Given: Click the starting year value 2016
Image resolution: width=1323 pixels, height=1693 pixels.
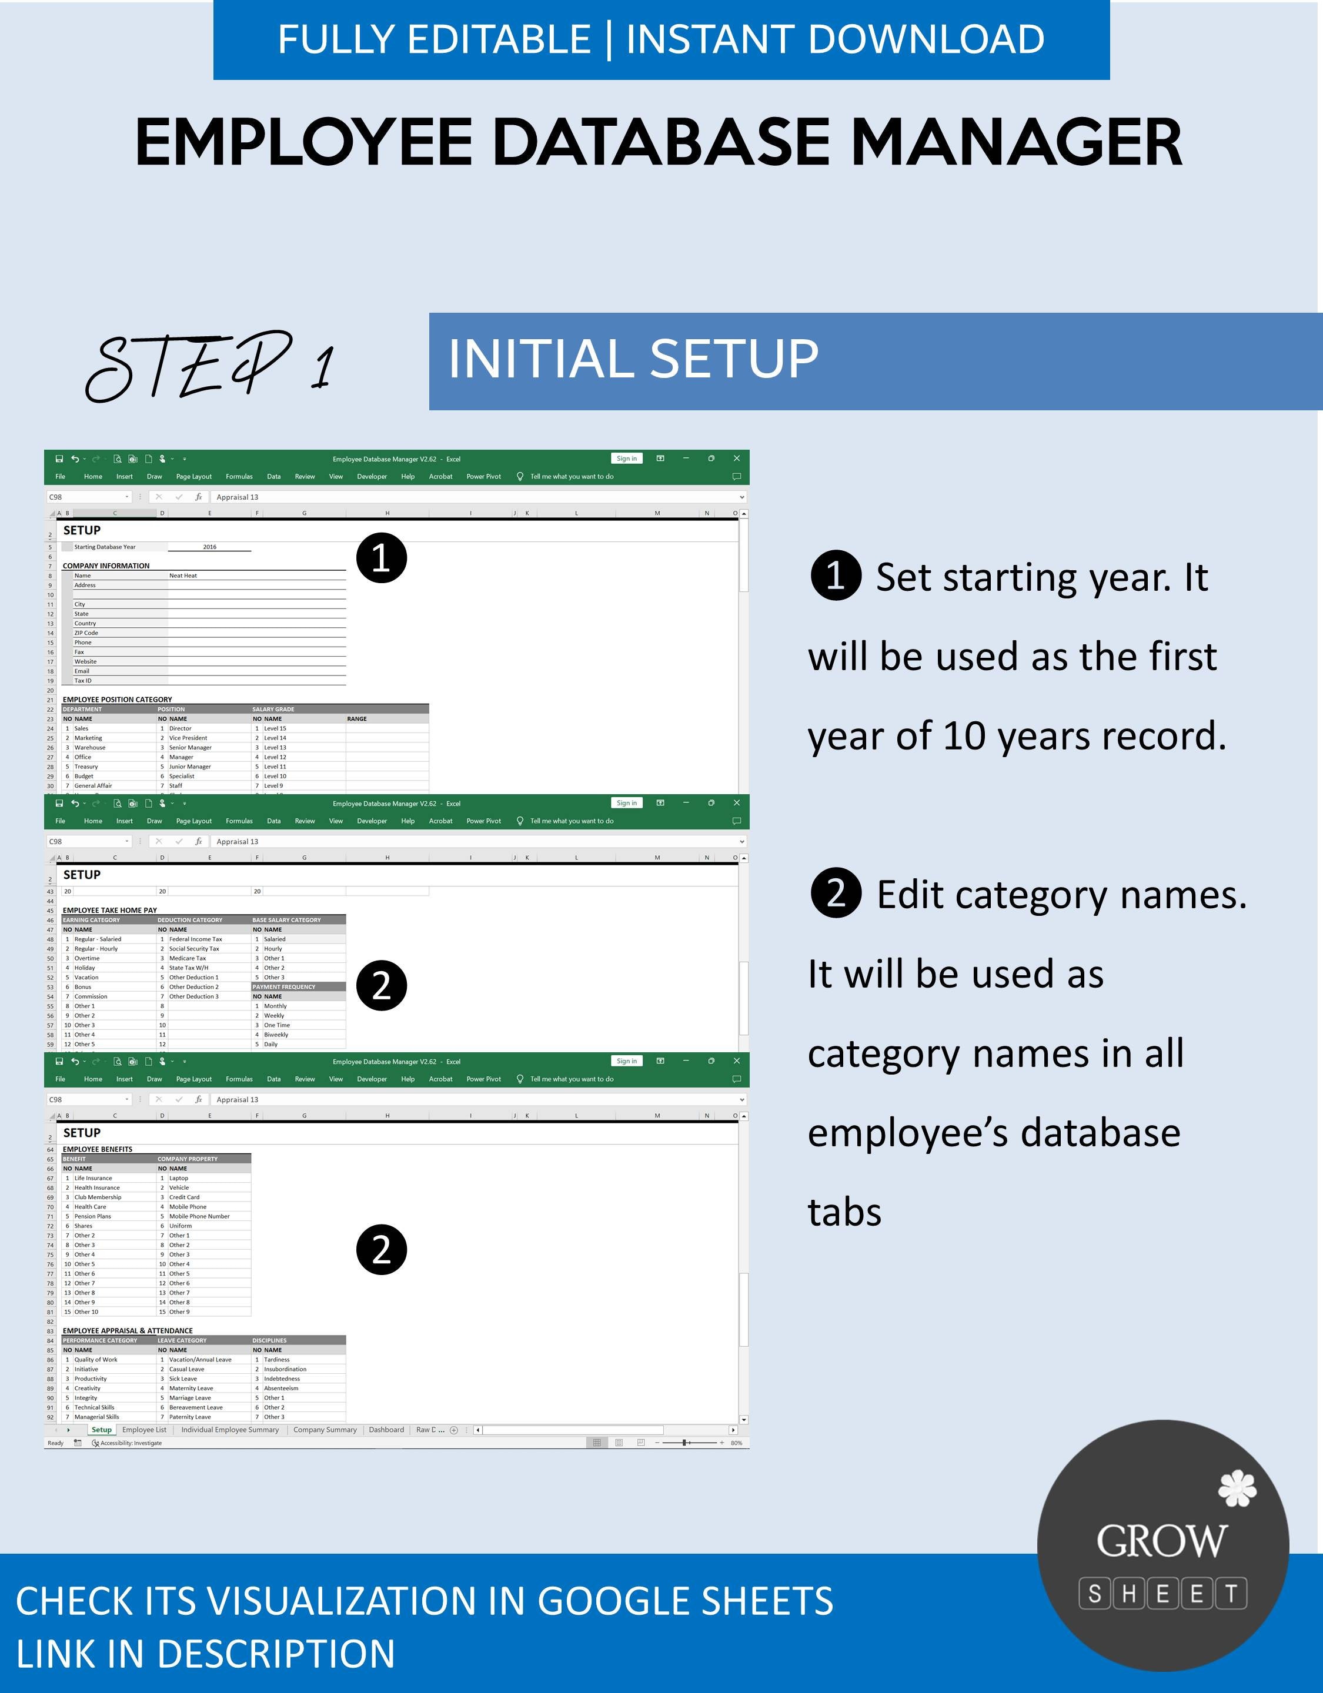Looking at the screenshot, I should [209, 547].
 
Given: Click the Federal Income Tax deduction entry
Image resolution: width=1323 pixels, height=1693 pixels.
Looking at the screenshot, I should [195, 939].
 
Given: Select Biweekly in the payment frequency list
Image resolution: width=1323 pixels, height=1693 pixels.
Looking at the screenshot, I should [276, 1035].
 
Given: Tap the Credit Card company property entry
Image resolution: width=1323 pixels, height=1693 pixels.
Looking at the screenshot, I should [185, 1197].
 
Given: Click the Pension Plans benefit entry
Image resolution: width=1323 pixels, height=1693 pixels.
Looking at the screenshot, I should [92, 1216].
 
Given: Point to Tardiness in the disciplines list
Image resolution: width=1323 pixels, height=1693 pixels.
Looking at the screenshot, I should [277, 1360].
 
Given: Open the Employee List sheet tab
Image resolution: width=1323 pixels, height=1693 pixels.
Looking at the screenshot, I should [144, 1430].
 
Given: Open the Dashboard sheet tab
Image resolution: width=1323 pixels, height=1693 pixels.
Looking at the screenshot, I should [386, 1430].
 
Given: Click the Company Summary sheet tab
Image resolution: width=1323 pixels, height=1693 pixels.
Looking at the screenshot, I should [325, 1430].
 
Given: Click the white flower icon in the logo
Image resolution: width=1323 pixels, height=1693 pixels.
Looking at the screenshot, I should [1237, 1488].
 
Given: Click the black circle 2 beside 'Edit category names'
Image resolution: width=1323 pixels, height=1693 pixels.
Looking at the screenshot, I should [835, 894].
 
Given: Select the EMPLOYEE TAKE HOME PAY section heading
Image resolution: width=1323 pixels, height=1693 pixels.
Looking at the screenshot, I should [109, 910].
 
